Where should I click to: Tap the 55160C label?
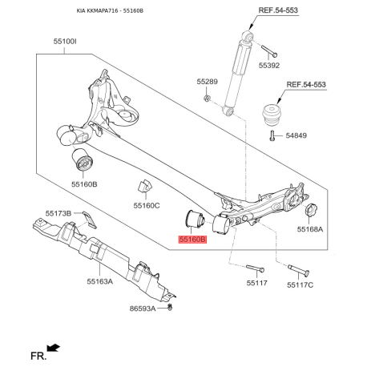click(x=146, y=205)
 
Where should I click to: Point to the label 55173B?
click(x=58, y=213)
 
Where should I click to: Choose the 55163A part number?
click(x=99, y=282)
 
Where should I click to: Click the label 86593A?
click(x=144, y=308)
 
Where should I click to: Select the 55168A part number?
click(x=309, y=228)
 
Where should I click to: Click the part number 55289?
click(x=207, y=82)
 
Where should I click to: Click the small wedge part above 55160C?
click(x=146, y=187)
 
